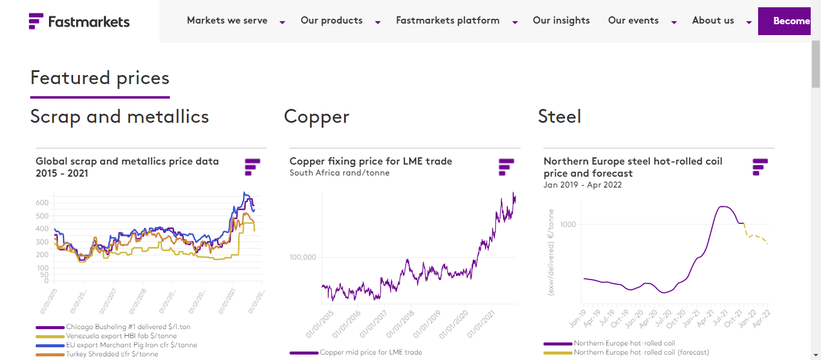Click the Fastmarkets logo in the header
tap(79, 21)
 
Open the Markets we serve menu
tap(227, 21)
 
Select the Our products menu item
tap(331, 21)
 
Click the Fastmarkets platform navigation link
tap(447, 21)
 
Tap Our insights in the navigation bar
tap(561, 21)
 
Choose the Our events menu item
tap(634, 21)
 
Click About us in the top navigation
tap(713, 21)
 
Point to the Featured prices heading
tap(100, 78)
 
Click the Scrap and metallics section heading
tap(120, 116)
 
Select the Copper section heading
tap(317, 116)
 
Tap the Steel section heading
tap(559, 116)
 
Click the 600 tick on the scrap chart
tap(42, 203)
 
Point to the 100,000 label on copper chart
tap(303, 257)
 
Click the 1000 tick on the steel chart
tap(568, 224)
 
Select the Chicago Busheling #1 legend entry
tap(128, 327)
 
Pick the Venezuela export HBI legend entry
tap(122, 336)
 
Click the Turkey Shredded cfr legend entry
tap(112, 355)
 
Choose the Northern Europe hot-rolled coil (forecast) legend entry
tap(641, 352)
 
